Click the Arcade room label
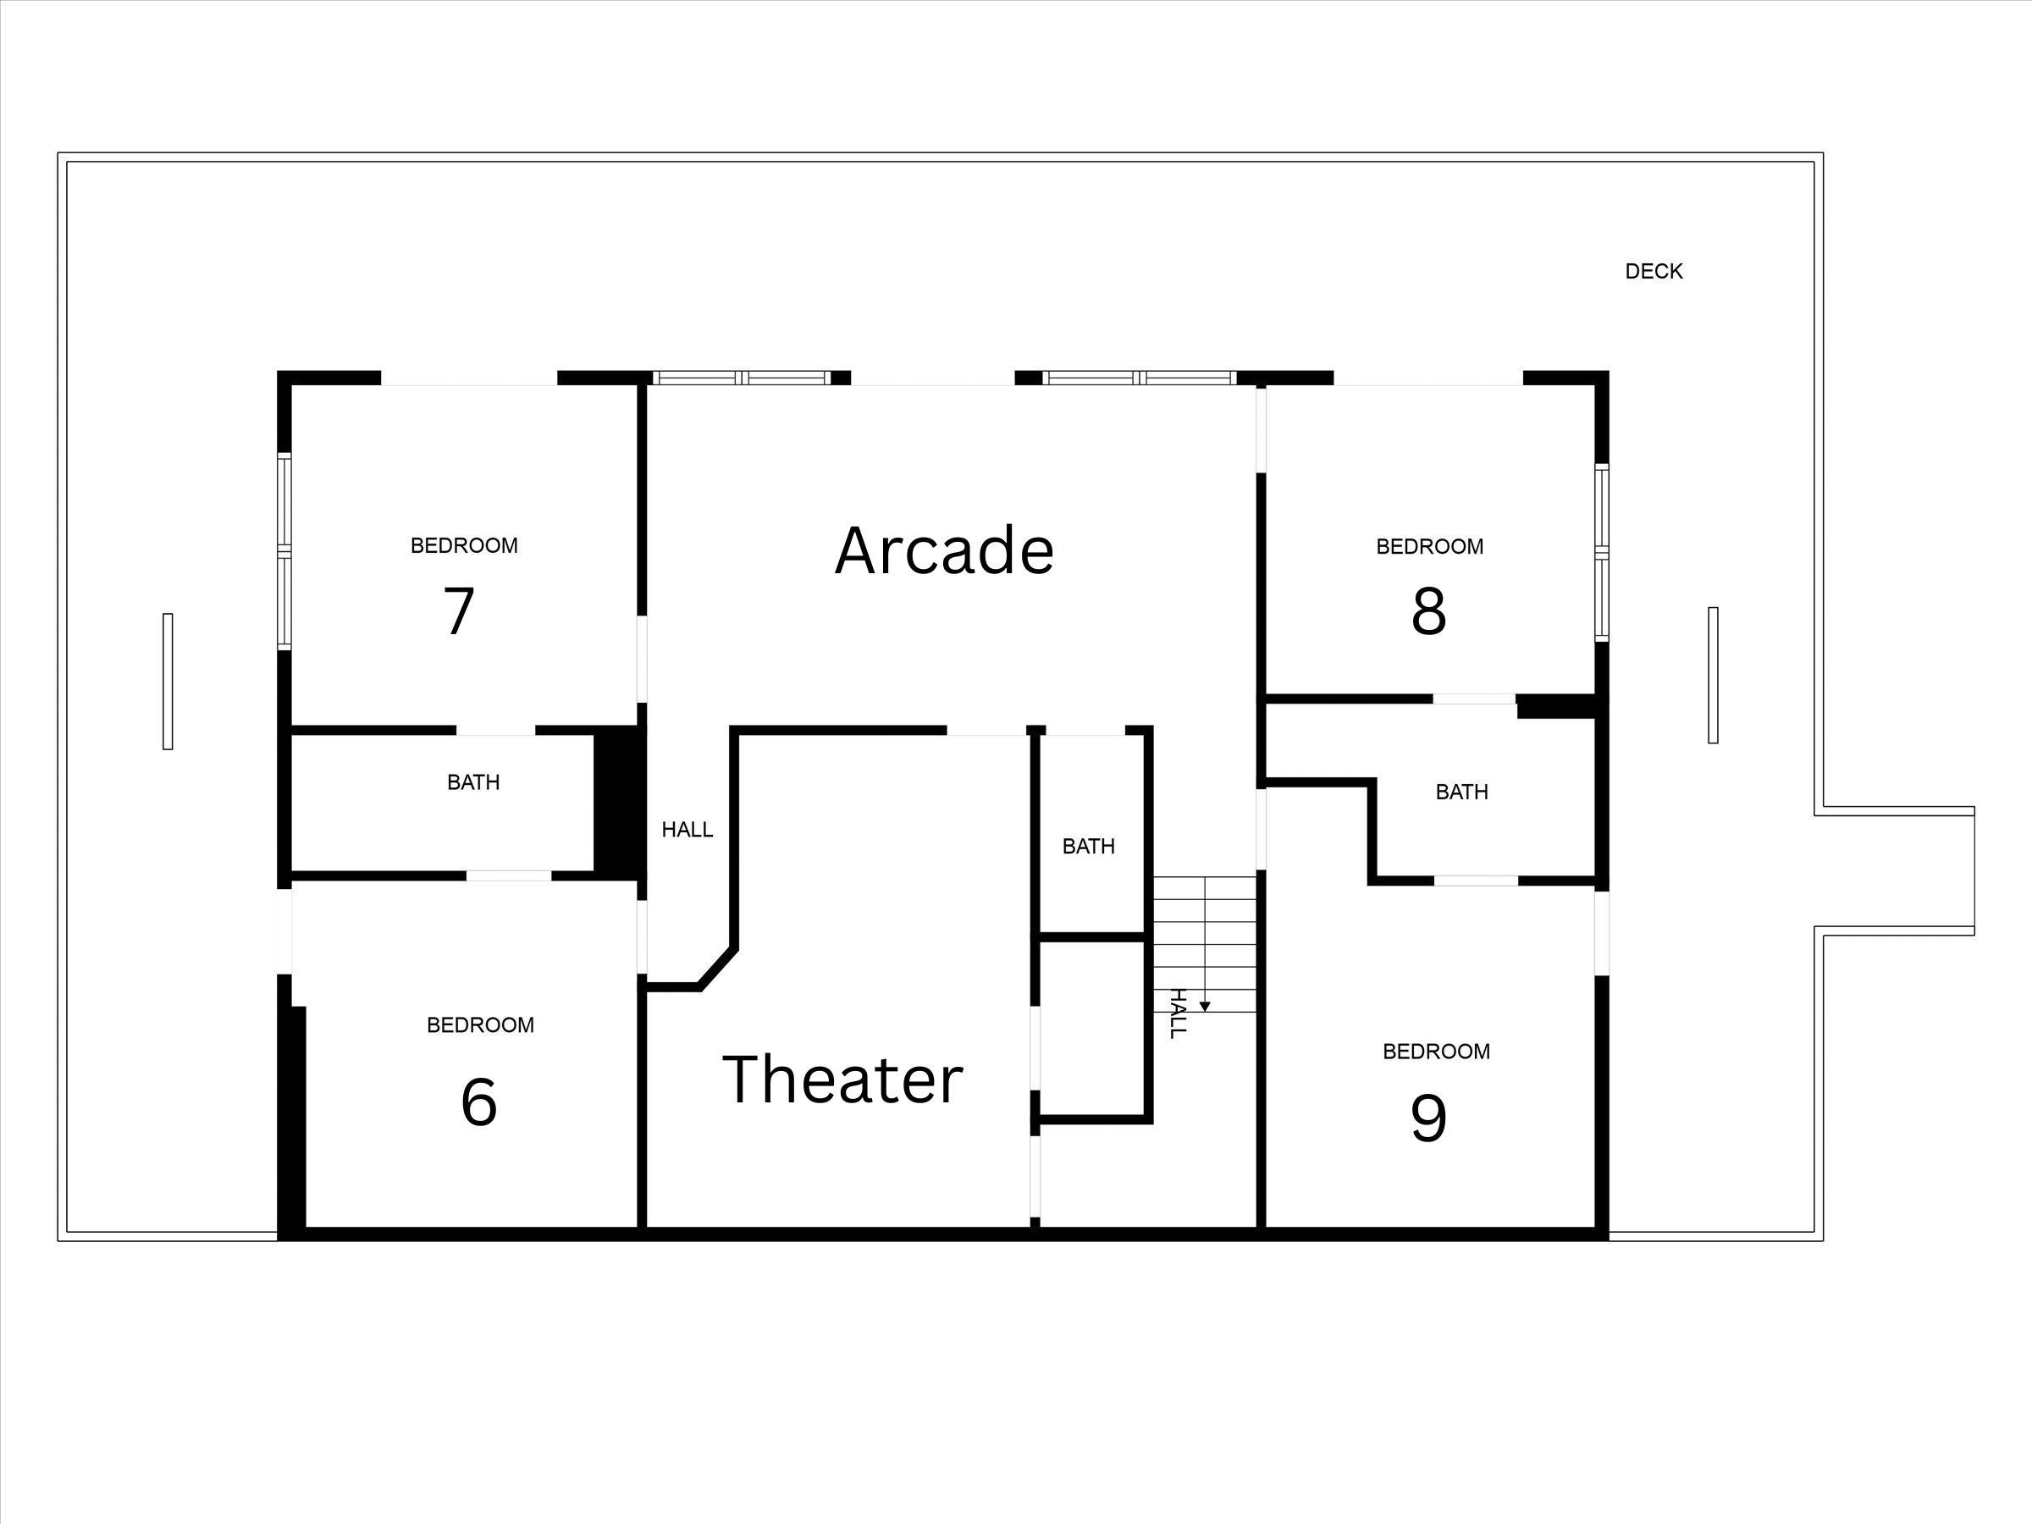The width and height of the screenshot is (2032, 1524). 944,551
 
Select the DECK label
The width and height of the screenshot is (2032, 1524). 1654,272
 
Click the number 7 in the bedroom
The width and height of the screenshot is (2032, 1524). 459,611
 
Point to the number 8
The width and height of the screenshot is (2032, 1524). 1428,611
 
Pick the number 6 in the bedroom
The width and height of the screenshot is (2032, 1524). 478,1102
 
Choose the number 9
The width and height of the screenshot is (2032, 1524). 1428,1118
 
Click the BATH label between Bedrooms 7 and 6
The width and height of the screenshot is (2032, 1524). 473,782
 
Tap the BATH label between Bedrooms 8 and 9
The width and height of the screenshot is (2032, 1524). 1461,792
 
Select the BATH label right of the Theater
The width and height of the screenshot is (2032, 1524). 1089,847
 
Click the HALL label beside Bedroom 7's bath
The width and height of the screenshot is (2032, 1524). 687,831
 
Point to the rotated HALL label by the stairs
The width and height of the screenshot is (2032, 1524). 1178,1013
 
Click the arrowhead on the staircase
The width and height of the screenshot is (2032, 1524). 1204,1008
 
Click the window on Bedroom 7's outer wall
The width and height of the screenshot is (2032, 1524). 284,551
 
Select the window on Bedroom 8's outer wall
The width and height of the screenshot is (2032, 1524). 1601,553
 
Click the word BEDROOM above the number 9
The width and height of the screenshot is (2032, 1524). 1436,1052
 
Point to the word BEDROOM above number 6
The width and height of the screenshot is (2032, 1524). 480,1025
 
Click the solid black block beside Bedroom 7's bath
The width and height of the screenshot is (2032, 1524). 618,799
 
